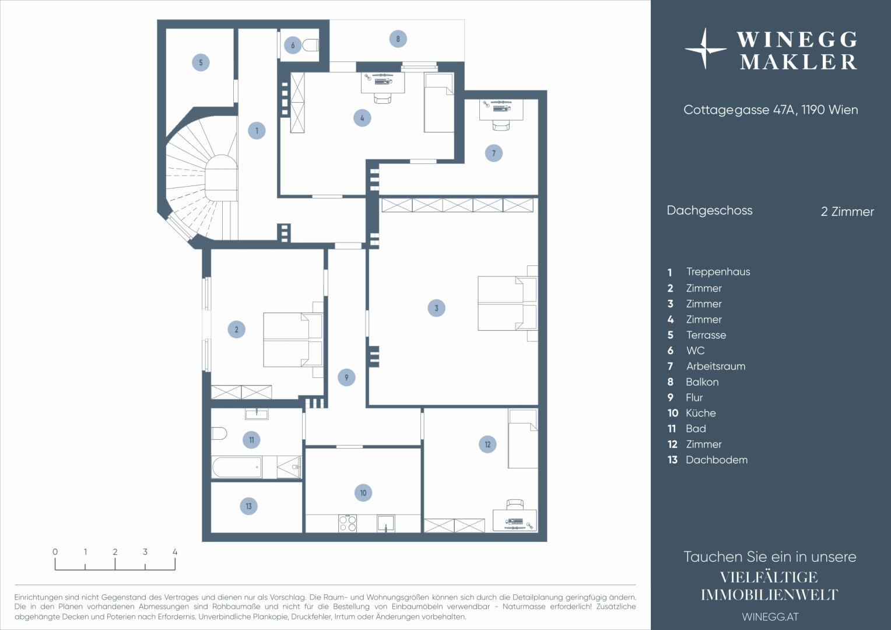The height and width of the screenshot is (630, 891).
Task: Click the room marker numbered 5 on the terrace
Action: pos(201,62)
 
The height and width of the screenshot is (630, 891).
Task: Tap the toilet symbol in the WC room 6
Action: pos(311,45)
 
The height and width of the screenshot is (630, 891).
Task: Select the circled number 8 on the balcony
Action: pos(398,39)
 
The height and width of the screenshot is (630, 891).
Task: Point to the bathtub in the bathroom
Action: pos(237,467)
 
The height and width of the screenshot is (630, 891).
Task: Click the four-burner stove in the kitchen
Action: pos(348,523)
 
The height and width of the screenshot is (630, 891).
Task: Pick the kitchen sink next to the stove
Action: pos(386,523)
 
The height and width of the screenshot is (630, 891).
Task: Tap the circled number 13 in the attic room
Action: pos(248,506)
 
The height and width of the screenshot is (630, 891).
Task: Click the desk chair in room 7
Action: pos(501,125)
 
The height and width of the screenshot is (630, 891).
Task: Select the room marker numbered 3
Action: pos(436,308)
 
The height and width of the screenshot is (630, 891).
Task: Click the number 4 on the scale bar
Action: pos(175,552)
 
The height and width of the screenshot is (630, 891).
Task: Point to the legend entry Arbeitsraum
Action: pos(715,366)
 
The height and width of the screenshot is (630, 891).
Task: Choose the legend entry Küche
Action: pos(700,413)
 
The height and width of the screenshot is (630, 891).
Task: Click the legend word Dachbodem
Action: pos(717,460)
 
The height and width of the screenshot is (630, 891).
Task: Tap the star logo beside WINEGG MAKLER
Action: pos(705,48)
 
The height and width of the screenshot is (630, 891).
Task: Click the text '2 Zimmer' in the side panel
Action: pos(847,211)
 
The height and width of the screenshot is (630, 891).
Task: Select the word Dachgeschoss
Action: pos(710,211)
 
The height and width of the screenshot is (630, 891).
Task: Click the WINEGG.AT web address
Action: pos(770,617)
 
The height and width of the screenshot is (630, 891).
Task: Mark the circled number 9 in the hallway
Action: pos(346,377)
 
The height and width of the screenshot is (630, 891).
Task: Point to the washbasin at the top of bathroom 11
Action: pos(257,414)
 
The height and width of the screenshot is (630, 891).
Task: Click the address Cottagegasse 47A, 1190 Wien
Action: pos(770,110)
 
